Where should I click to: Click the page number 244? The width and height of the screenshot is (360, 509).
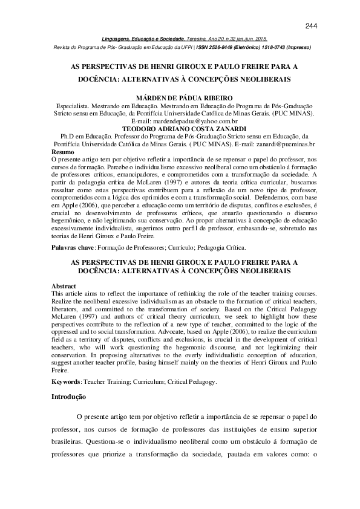312,25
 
